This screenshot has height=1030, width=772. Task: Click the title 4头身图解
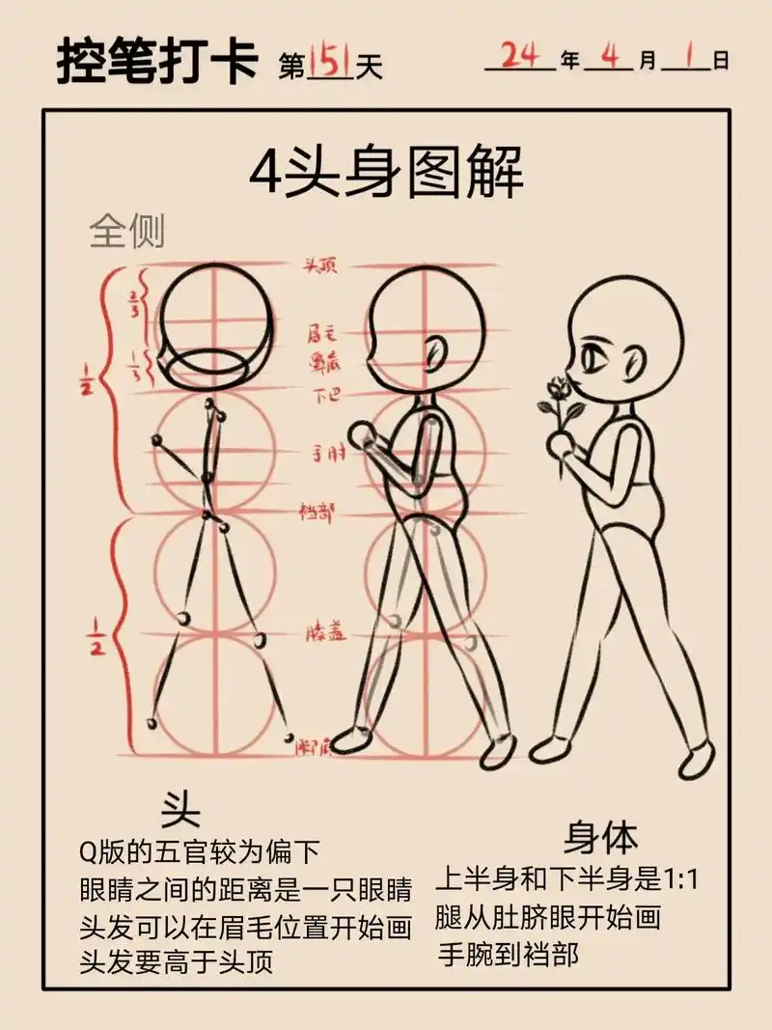[386, 176]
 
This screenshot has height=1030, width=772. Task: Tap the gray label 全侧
[127, 233]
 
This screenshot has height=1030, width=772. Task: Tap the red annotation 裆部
[317, 513]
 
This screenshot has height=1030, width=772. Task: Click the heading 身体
[601, 836]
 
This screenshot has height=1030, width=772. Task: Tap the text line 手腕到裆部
[509, 955]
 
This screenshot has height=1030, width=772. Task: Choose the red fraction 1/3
[134, 368]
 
